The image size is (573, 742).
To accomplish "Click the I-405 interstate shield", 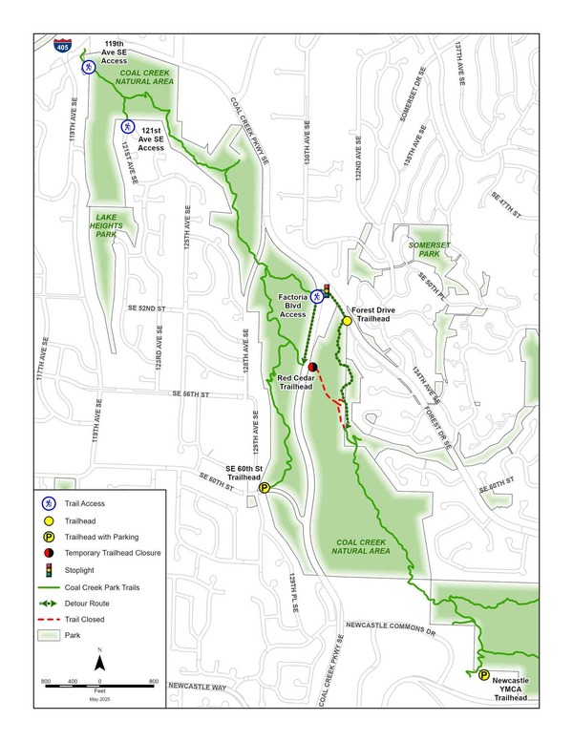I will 61,44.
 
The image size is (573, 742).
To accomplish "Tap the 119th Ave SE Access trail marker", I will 88,67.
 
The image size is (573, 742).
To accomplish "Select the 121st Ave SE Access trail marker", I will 127,126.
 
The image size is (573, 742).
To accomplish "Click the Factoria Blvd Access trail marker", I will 317,294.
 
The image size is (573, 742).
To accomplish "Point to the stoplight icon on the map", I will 327,291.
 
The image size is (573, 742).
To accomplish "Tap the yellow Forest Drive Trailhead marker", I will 348,321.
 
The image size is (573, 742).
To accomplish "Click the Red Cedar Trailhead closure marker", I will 312,367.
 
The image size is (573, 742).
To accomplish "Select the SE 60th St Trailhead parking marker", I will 265,488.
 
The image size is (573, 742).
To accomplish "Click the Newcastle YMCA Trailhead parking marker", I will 483,674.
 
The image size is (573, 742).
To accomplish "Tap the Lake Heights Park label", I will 112,223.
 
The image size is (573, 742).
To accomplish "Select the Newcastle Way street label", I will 197,687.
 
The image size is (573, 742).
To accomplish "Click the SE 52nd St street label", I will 146,308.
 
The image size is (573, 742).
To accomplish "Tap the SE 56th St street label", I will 191,393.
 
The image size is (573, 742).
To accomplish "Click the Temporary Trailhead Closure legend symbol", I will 47,553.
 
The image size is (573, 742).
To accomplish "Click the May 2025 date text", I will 99,701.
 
